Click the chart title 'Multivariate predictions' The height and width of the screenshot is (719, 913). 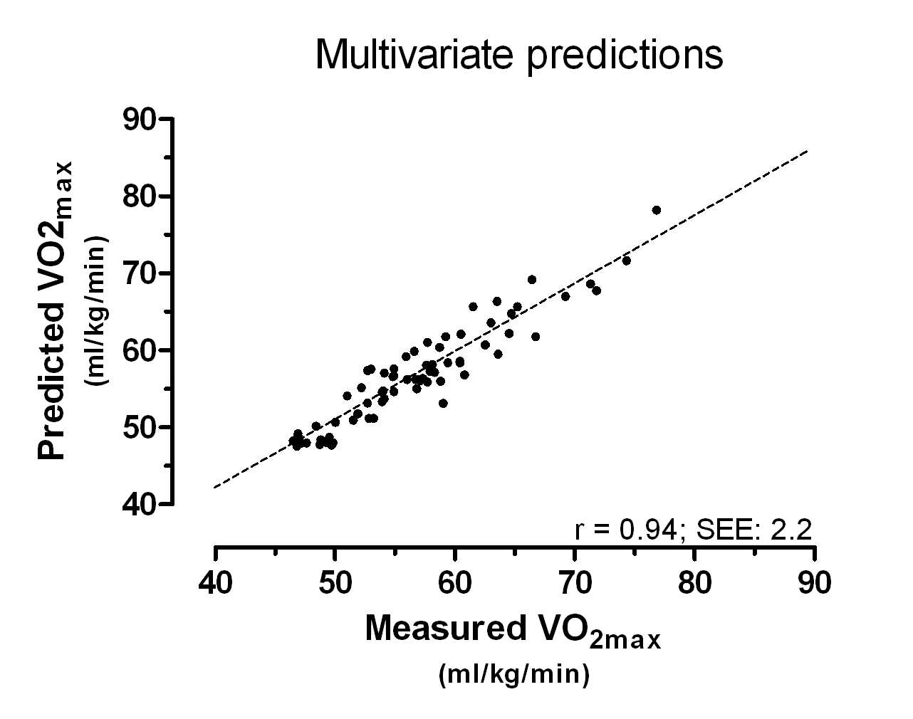518,55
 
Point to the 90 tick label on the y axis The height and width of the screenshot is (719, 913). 139,119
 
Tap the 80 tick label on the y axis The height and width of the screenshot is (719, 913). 139,196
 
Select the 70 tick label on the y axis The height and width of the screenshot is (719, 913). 139,273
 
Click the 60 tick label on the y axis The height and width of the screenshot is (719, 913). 139,350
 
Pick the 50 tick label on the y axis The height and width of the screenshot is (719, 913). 139,426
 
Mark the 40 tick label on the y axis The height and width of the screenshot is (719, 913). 139,503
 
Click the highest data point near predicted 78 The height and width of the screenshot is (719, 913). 656,210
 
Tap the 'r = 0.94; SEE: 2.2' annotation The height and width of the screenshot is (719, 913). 693,530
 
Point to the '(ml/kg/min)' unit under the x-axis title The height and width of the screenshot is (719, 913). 514,673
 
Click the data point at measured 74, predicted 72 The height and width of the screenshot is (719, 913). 626,261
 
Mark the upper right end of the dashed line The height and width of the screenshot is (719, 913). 807,151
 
